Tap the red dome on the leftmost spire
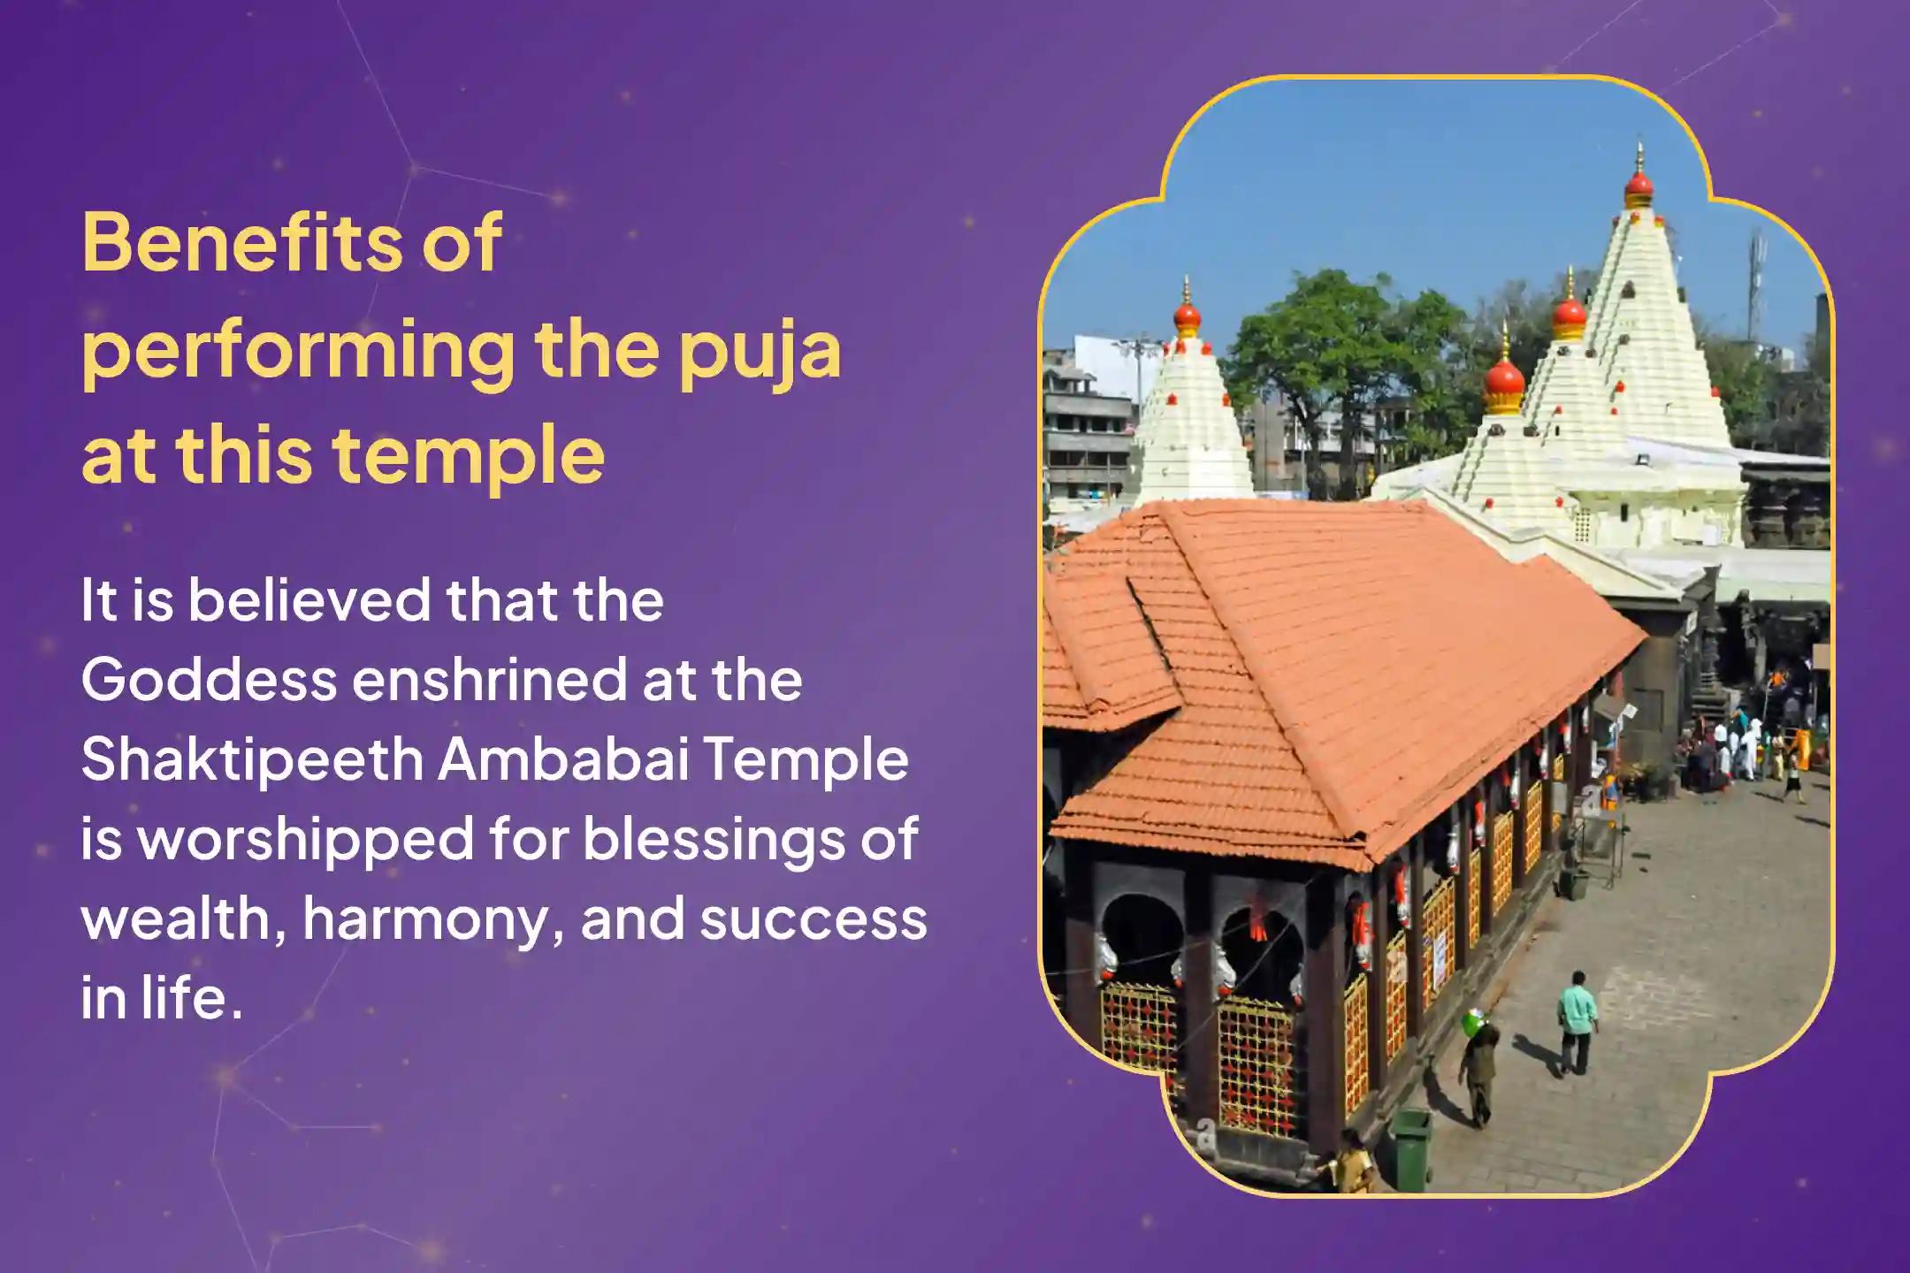pos(1187,316)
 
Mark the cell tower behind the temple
pos(1754,283)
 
